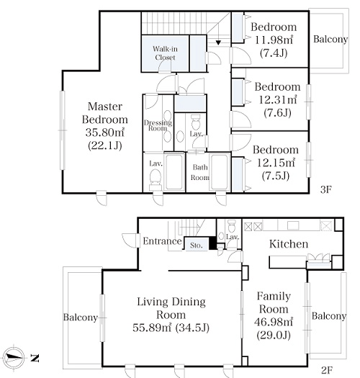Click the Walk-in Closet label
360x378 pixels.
pyautogui.click(x=165, y=53)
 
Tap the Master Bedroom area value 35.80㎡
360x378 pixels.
pyautogui.click(x=105, y=132)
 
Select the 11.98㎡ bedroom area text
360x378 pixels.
pyautogui.click(x=274, y=40)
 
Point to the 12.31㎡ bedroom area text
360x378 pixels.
pyautogui.click(x=277, y=99)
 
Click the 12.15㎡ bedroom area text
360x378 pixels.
pyautogui.click(x=276, y=163)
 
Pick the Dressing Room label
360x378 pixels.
pyautogui.click(x=158, y=125)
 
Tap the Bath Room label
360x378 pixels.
pyautogui.click(x=200, y=172)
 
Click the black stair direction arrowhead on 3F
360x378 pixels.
pyautogui.click(x=218, y=42)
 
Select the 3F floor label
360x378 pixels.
pyautogui.click(x=326, y=190)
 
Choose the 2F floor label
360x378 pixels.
pyautogui.click(x=327, y=370)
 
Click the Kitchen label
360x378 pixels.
pyautogui.click(x=289, y=244)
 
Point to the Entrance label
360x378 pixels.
pyautogui.click(x=162, y=240)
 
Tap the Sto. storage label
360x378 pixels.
pyautogui.click(x=196, y=246)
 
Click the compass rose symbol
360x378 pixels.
pyautogui.click(x=14, y=358)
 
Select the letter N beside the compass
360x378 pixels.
pyautogui.click(x=35, y=358)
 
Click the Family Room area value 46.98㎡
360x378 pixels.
pyautogui.click(x=274, y=322)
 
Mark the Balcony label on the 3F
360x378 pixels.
pyautogui.click(x=330, y=39)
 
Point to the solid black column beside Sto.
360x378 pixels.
pyautogui.click(x=212, y=243)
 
